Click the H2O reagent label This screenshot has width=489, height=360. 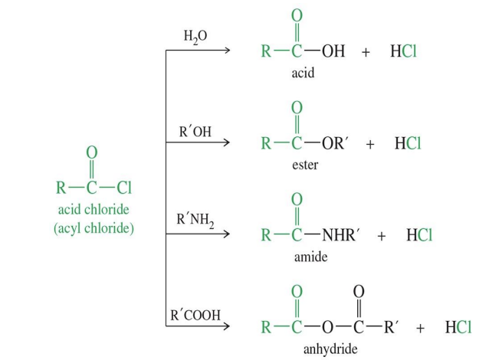coord(195,37)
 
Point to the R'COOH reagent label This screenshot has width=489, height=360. coord(195,315)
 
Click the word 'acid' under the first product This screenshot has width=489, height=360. coord(303,74)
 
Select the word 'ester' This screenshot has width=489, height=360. coord(305,165)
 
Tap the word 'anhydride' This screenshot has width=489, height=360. coord(330,349)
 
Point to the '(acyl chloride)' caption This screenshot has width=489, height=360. coord(94,228)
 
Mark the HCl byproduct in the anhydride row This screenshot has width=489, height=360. coord(458,328)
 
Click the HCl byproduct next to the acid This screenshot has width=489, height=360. coord(403,52)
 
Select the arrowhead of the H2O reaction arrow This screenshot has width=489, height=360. coord(226,51)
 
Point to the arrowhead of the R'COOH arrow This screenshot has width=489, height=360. coord(226,327)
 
